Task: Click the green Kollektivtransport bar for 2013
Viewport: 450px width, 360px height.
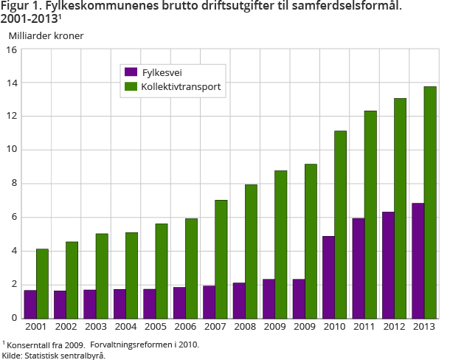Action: point(430,202)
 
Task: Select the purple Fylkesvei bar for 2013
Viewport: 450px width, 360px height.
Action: point(418,260)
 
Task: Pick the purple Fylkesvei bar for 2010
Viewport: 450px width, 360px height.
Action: point(328,277)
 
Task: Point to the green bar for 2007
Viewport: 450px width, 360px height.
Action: point(221,259)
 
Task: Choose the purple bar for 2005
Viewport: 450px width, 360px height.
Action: point(150,303)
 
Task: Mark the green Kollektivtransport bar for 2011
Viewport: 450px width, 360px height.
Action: point(370,214)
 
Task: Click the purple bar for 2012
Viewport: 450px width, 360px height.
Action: point(388,265)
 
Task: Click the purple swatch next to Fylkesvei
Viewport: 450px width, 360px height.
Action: point(131,72)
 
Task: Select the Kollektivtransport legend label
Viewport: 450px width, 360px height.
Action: point(181,86)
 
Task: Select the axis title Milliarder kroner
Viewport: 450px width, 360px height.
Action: point(46,35)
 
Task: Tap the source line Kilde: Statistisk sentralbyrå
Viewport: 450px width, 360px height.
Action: point(53,355)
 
